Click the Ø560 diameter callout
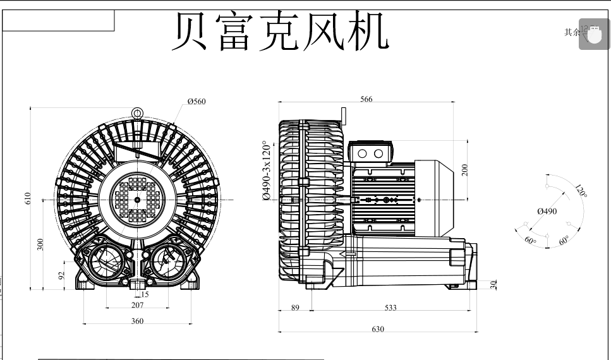(x=197, y=102)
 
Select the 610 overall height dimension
(x=27, y=198)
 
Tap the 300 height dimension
(x=40, y=244)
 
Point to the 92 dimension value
(x=61, y=275)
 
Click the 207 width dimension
(x=137, y=306)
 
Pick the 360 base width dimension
(x=137, y=321)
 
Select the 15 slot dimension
(x=145, y=294)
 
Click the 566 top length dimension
(x=366, y=99)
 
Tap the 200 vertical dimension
(x=465, y=169)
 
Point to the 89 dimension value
(x=295, y=308)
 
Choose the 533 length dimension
(x=390, y=308)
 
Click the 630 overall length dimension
(x=378, y=329)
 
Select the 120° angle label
(x=581, y=191)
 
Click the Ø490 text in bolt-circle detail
(x=547, y=212)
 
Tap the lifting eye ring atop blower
(x=137, y=113)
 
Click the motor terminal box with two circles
(x=370, y=153)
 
